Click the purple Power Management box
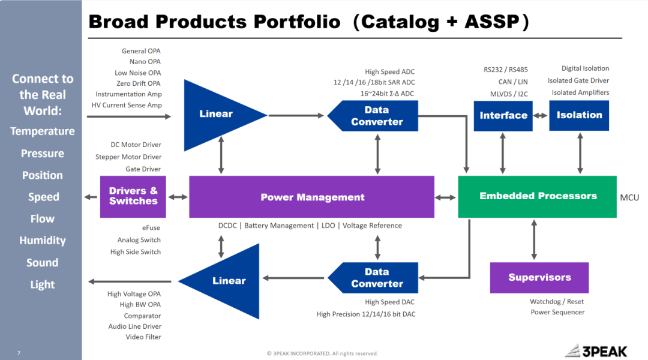click(312, 197)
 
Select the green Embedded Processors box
click(538, 196)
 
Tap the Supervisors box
click(539, 277)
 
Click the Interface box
click(503, 115)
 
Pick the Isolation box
click(579, 115)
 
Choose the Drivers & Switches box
click(133, 196)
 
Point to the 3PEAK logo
click(604, 350)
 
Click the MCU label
click(629, 197)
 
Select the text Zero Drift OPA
click(138, 83)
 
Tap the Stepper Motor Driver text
click(128, 157)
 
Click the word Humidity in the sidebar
click(42, 241)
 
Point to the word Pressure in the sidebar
click(42, 154)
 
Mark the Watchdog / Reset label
click(556, 302)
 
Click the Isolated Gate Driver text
click(578, 80)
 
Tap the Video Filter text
click(143, 337)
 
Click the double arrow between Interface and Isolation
click(541, 115)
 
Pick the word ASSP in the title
click(491, 22)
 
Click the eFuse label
click(151, 228)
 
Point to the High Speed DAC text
click(389, 302)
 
